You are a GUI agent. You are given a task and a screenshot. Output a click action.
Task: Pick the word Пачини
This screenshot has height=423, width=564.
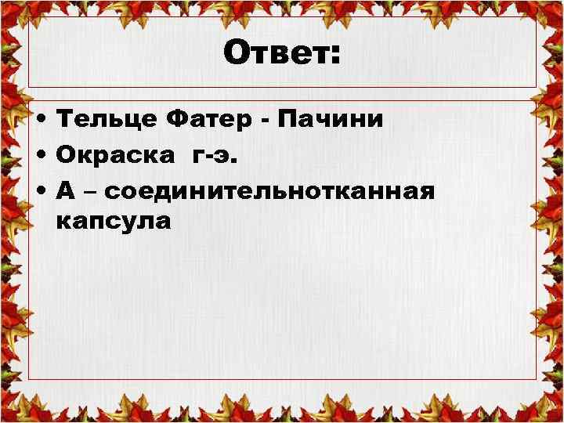(x=331, y=120)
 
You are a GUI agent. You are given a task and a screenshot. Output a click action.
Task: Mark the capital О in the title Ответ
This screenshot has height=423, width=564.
(x=236, y=55)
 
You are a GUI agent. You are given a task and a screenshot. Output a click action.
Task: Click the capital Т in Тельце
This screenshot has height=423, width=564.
(x=67, y=120)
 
